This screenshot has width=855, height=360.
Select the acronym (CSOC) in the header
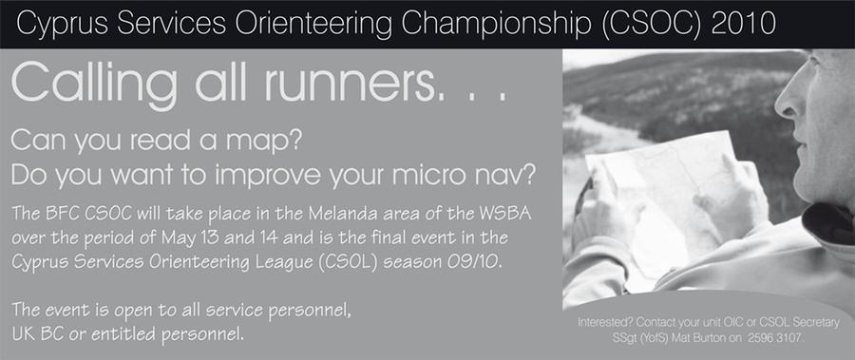pyautogui.click(x=652, y=24)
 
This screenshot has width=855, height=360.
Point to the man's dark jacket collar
pyautogui.click(x=828, y=223)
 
